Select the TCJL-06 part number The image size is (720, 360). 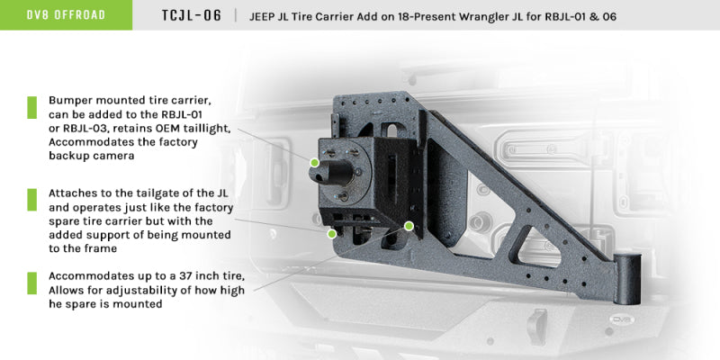[x=184, y=15]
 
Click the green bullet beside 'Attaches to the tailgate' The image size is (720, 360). [x=31, y=199]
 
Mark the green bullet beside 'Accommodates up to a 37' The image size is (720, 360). [x=31, y=283]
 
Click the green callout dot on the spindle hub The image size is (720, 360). [x=314, y=163]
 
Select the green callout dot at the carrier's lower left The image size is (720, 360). [x=332, y=233]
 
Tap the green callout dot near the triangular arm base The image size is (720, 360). [x=409, y=225]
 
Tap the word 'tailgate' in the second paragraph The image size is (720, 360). [x=148, y=193]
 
